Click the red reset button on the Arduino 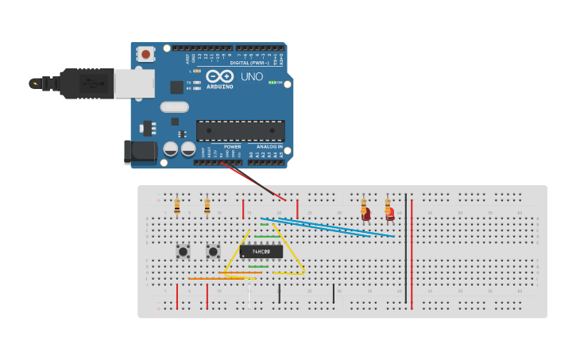146,54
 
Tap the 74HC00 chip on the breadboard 261,252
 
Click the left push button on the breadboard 183,252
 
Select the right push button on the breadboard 213,252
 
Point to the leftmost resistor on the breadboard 176,207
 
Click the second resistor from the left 207,207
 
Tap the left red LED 366,213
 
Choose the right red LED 389,213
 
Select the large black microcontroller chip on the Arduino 241,131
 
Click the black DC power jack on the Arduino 141,152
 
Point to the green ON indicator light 272,83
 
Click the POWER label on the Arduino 232,147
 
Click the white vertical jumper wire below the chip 249,296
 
